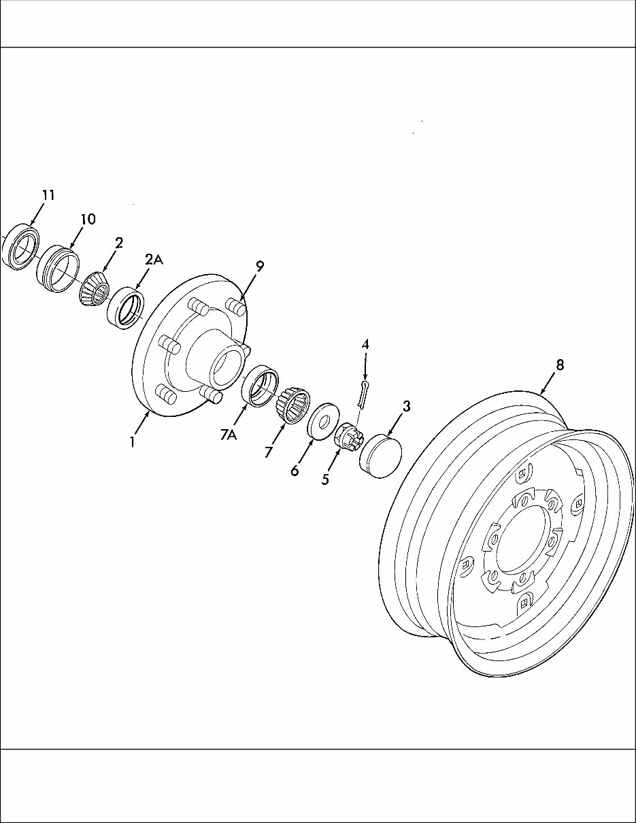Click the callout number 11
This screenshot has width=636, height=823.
click(48, 195)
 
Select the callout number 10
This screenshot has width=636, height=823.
click(87, 220)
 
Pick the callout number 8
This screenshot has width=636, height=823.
click(560, 365)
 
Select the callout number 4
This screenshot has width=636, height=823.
click(365, 345)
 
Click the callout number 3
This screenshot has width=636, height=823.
click(406, 407)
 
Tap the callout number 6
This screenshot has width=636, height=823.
click(295, 470)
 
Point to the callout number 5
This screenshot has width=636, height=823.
click(325, 480)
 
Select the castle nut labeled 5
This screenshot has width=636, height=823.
click(348, 435)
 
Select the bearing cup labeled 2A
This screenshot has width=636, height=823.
click(126, 308)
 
